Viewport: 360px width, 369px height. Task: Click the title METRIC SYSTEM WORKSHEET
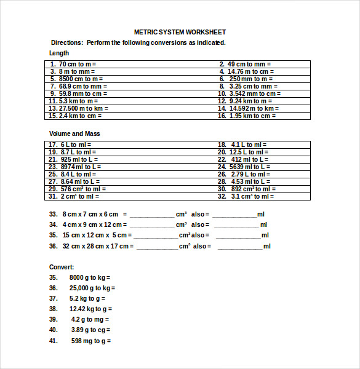point(180,32)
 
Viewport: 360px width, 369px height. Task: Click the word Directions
point(66,43)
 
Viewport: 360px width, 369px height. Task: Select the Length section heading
point(59,53)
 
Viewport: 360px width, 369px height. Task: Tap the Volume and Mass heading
point(74,133)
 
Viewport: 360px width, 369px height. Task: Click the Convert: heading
point(62,267)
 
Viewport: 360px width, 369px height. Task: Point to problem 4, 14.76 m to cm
point(247,71)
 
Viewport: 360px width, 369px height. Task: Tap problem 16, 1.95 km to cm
point(247,116)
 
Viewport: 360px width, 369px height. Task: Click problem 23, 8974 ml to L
point(75,167)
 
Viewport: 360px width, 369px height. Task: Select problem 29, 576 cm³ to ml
point(78,189)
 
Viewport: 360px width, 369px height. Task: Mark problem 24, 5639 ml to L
point(244,167)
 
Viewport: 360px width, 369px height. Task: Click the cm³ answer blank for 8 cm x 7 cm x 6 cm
point(152,215)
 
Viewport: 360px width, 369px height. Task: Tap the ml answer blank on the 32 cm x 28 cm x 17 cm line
point(241,247)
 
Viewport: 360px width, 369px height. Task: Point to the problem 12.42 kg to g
point(90,309)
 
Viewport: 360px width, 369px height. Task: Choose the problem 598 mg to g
point(91,341)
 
